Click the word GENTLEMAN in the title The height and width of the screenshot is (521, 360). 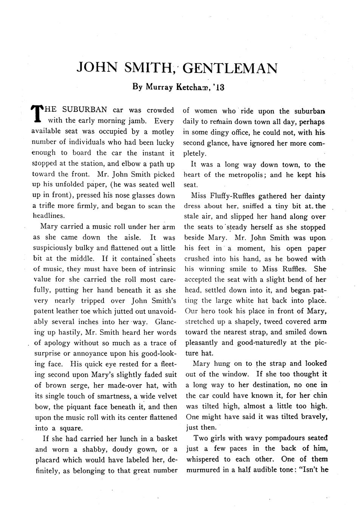pos(232,68)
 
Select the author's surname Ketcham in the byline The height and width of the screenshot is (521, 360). pos(193,87)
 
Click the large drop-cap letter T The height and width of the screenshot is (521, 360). pos(36,114)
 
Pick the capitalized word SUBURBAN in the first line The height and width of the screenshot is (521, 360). pos(85,110)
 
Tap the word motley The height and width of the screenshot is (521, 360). pos(163,132)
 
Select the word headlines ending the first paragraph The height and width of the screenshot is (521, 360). pos(48,216)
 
